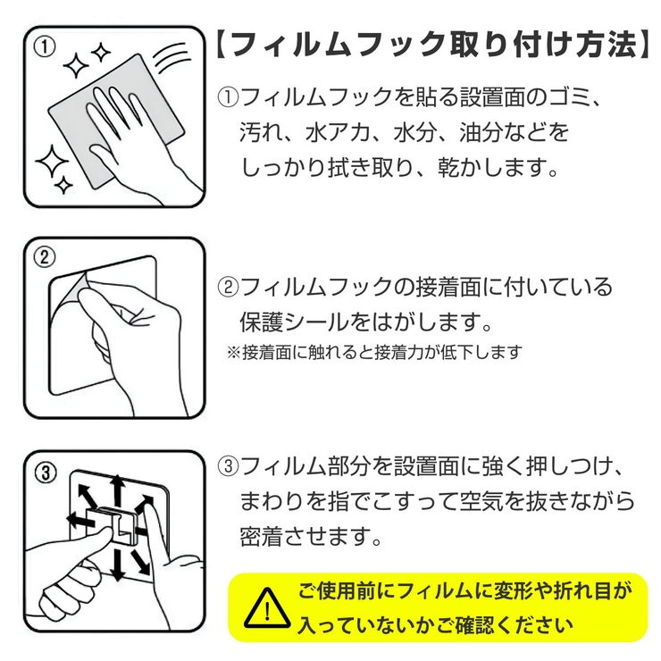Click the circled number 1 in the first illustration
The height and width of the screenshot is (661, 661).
click(43, 45)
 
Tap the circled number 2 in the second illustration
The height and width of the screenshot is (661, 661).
click(43, 257)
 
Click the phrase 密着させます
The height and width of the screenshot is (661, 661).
click(311, 537)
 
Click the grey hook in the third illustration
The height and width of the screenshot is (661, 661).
click(119, 526)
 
